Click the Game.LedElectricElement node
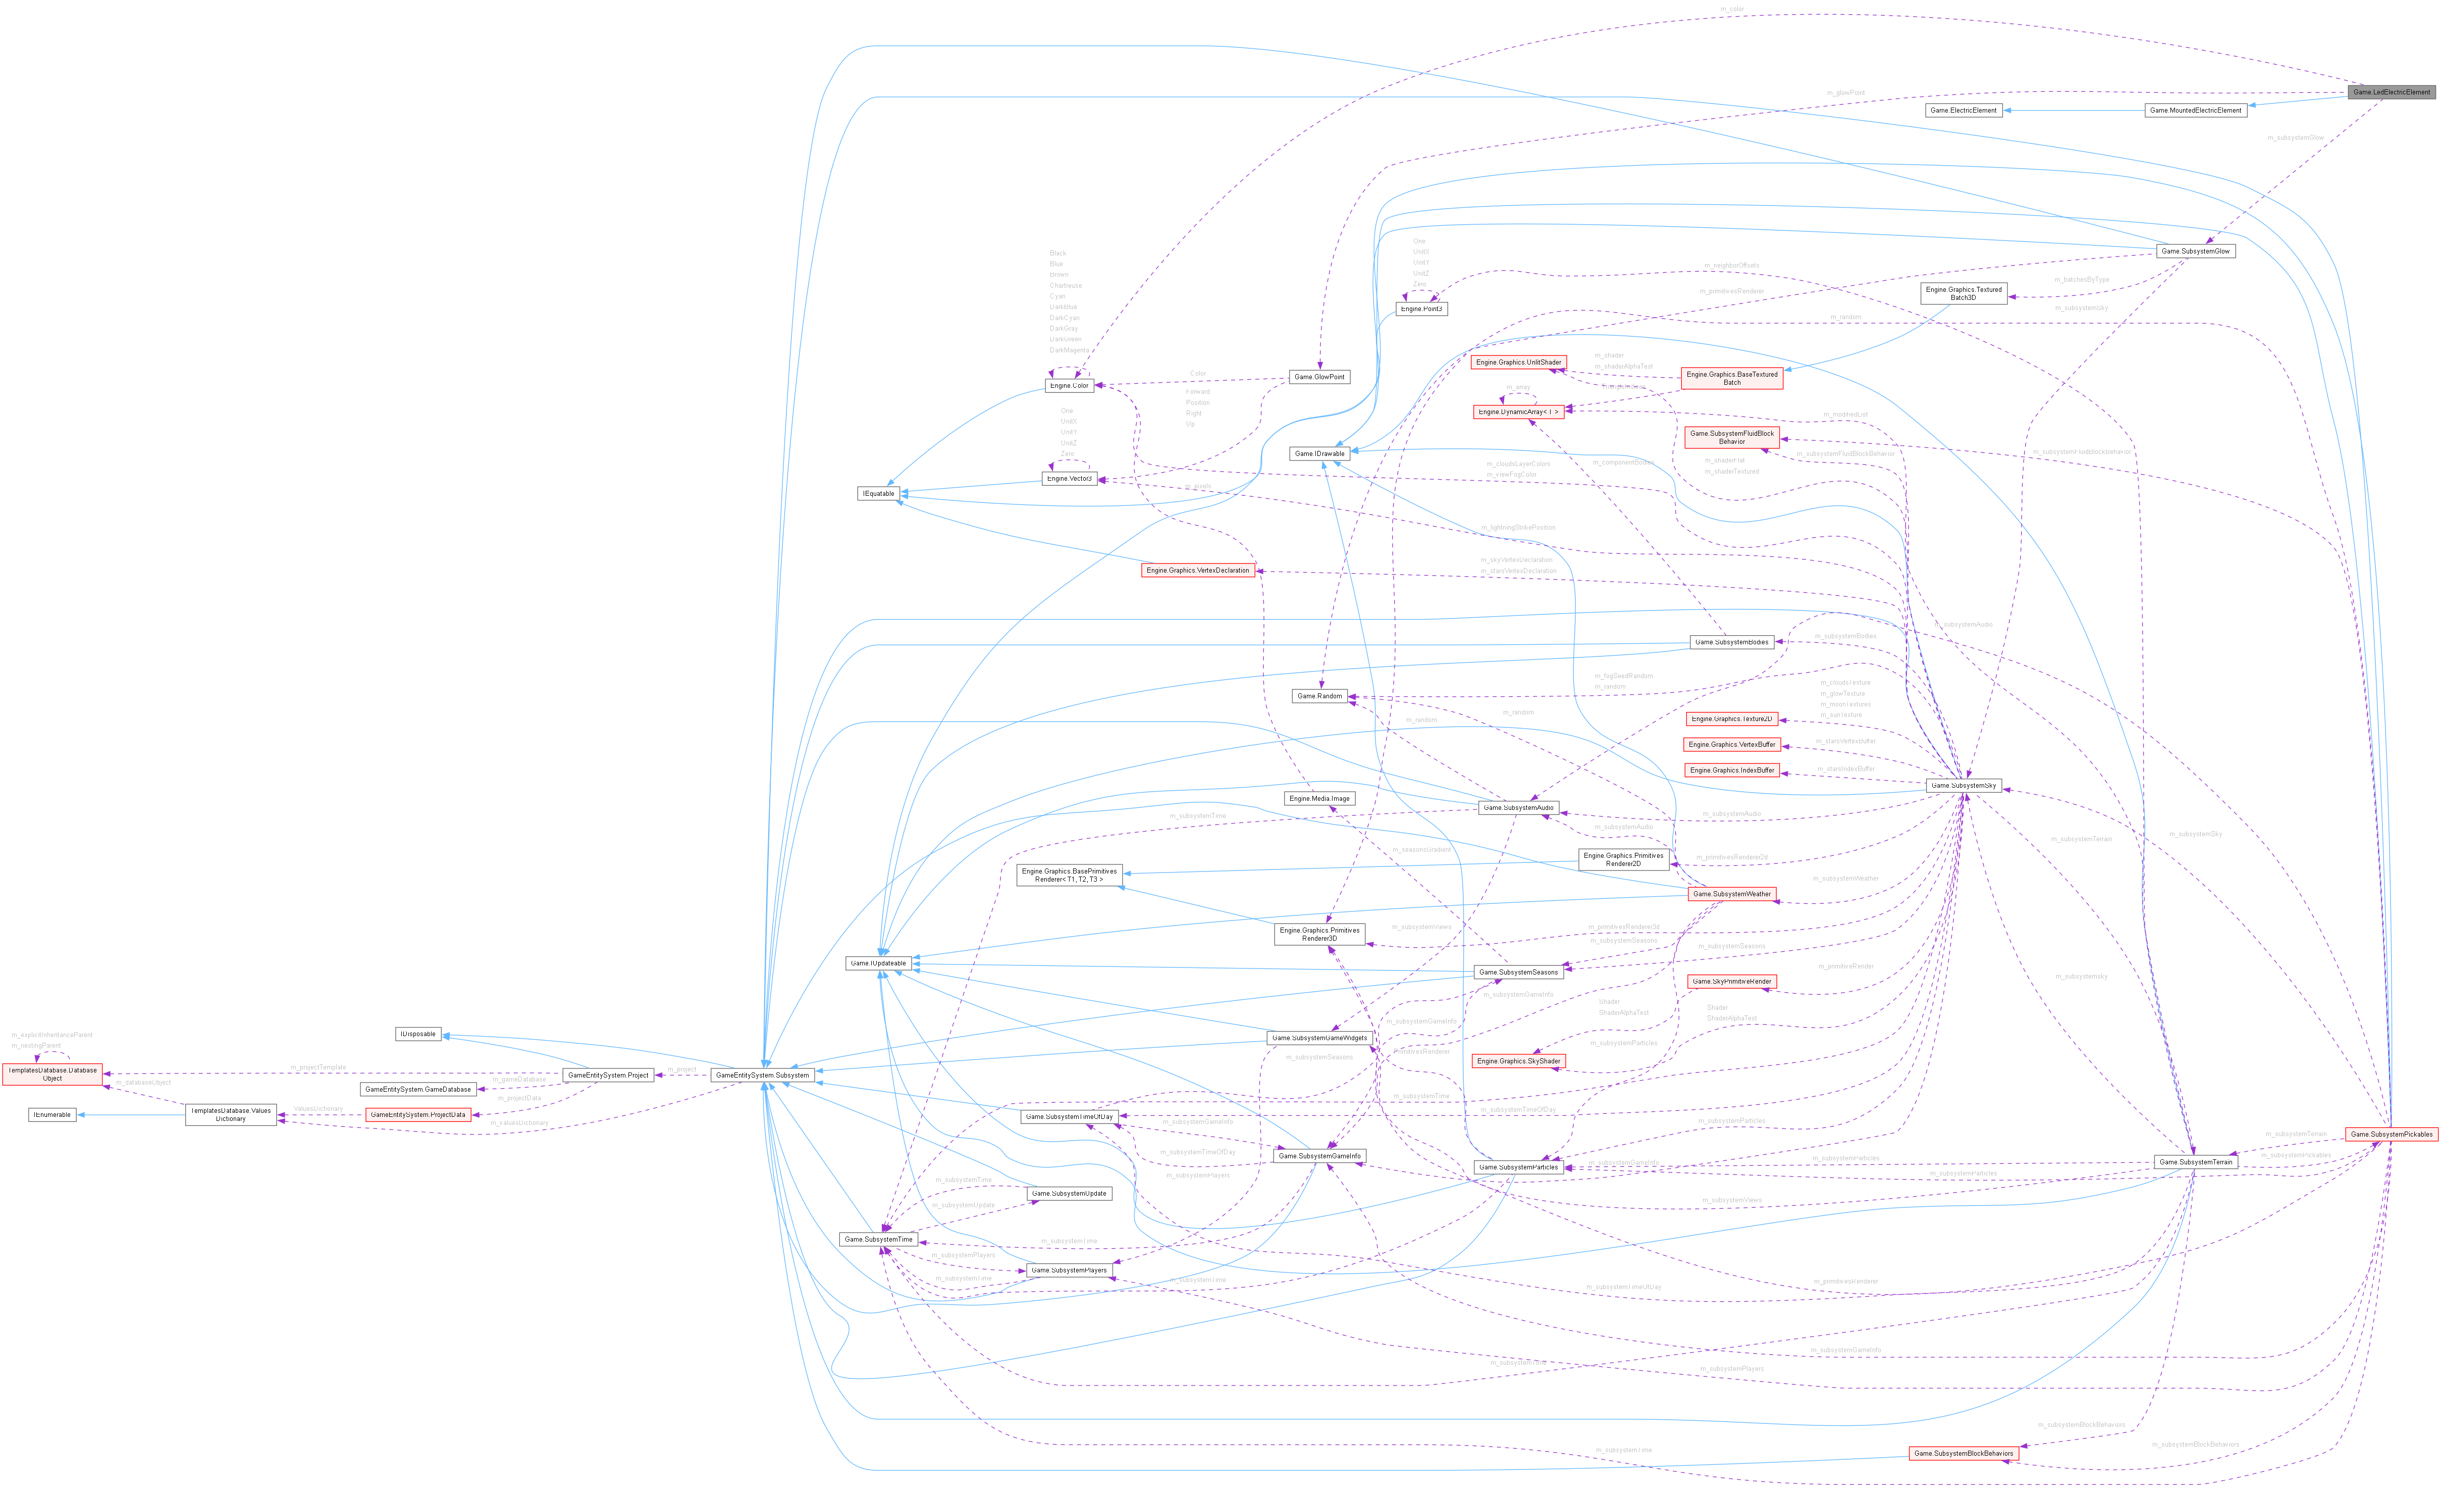[x=2391, y=92]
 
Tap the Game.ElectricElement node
[x=1962, y=110]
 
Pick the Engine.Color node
[x=1069, y=385]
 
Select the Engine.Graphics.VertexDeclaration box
[x=1197, y=571]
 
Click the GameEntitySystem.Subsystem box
[x=762, y=1075]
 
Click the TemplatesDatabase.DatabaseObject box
[x=52, y=1074]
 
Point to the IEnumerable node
[x=52, y=1114]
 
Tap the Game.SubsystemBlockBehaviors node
[x=1962, y=1453]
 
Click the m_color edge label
[x=1732, y=9]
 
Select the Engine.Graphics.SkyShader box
[x=1518, y=1061]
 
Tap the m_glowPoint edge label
[x=1844, y=92]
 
